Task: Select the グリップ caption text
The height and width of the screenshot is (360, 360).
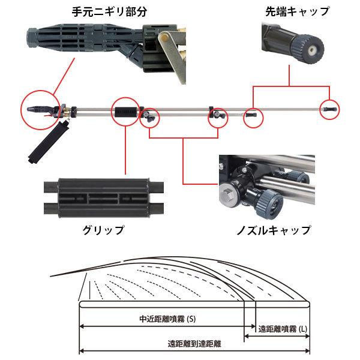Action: pos(103,230)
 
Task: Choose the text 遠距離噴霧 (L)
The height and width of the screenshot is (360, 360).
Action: pos(282,329)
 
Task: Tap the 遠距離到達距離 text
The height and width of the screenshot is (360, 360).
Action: pos(194,344)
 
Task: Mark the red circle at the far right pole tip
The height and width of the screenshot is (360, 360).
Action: pos(329,109)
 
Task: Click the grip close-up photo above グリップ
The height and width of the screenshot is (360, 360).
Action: pos(102,197)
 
